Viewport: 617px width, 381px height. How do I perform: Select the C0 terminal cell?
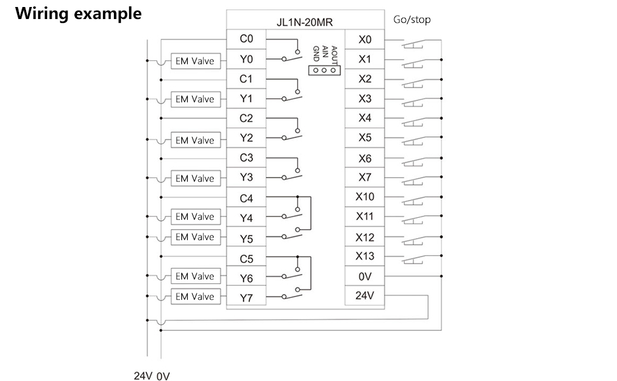[x=246, y=39]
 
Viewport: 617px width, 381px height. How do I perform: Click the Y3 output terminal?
[x=246, y=178]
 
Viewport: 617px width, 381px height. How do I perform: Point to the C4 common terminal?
[x=246, y=198]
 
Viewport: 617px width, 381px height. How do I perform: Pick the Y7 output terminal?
[x=246, y=297]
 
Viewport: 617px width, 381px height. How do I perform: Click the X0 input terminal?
[x=364, y=39]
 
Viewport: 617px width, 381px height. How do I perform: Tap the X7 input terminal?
[x=364, y=177]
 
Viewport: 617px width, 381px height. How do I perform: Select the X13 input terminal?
[x=364, y=256]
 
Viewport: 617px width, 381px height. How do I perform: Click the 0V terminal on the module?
[x=364, y=276]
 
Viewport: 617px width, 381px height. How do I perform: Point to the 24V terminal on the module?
[x=364, y=295]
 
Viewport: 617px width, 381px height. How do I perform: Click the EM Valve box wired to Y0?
[x=195, y=62]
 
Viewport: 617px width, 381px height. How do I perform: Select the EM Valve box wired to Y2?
[x=195, y=140]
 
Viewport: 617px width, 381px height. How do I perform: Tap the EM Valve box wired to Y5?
[x=195, y=237]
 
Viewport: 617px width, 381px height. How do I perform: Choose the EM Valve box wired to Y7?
[x=195, y=297]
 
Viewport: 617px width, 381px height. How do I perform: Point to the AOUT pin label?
[x=335, y=53]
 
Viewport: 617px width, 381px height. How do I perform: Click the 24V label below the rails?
[x=142, y=375]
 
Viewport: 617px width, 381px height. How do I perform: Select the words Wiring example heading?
[x=78, y=13]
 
